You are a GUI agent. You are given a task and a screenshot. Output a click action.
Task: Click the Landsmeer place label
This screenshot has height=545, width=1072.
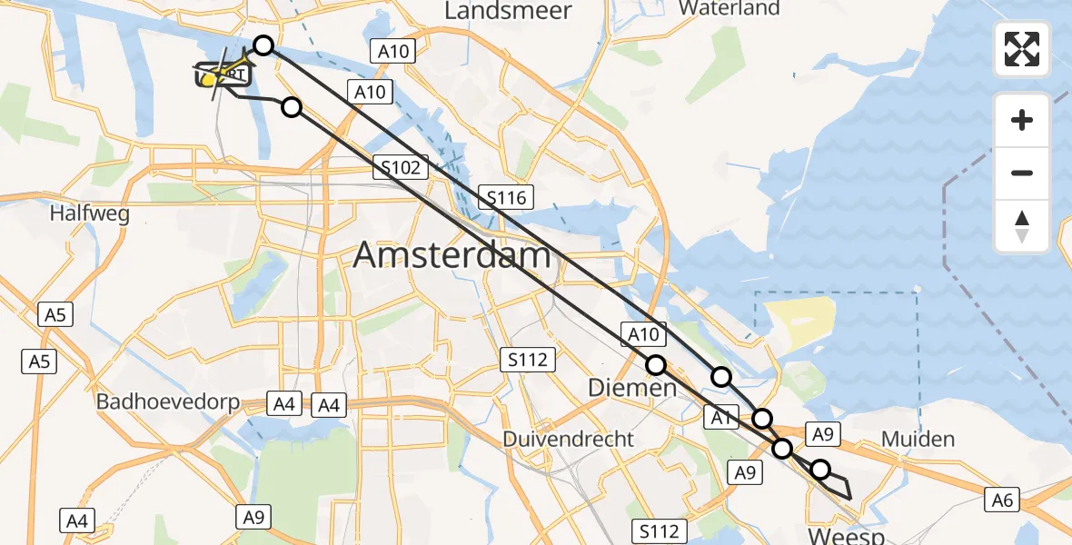[508, 11]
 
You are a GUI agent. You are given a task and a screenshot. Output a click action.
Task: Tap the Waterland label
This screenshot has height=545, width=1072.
[729, 8]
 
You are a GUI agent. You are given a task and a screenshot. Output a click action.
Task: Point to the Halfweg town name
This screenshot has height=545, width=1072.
[90, 214]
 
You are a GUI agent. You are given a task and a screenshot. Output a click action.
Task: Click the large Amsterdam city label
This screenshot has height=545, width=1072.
[452, 255]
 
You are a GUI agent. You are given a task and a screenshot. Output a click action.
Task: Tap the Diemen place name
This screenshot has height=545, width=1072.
[632, 388]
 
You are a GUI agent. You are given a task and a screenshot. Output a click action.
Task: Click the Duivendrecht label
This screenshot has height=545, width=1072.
[569, 439]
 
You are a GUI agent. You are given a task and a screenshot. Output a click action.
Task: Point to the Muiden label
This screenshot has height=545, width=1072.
[918, 440]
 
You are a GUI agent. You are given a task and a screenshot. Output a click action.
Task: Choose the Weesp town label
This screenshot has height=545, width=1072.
[845, 536]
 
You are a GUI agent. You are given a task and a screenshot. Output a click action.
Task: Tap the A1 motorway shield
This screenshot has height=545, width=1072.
[720, 418]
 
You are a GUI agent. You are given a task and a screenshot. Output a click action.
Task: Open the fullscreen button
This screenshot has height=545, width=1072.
[1022, 49]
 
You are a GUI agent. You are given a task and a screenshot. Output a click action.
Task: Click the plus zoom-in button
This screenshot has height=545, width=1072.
[1022, 120]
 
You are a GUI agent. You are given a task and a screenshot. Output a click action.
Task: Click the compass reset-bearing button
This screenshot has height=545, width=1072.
[1022, 226]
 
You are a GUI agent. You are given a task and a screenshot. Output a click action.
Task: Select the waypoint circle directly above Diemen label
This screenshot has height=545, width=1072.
[656, 365]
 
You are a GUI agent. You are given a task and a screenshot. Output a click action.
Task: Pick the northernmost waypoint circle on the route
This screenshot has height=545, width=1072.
[263, 45]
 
